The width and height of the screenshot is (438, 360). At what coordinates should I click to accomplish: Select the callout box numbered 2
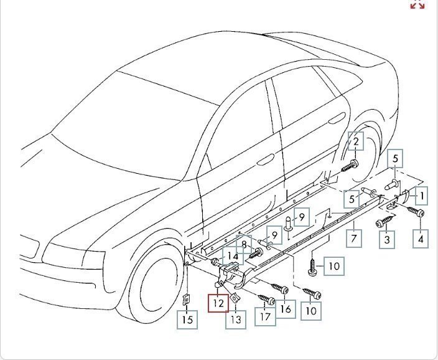tap(355, 142)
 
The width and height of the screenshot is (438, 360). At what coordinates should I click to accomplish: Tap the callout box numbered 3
tap(387, 239)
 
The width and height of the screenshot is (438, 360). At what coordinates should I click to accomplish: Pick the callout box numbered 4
tap(421, 238)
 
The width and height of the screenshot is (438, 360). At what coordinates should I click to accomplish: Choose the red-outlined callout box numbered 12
tap(218, 304)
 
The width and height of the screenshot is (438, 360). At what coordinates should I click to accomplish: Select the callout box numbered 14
tap(231, 255)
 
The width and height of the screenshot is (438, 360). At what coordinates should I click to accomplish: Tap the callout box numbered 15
tap(187, 320)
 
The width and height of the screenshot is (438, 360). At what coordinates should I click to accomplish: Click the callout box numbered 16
tap(286, 308)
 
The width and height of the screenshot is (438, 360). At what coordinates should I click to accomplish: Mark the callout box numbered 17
tap(266, 316)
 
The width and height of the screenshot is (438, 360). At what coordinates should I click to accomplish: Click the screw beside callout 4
tap(415, 212)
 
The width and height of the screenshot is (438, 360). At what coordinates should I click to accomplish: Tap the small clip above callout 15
tap(186, 298)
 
